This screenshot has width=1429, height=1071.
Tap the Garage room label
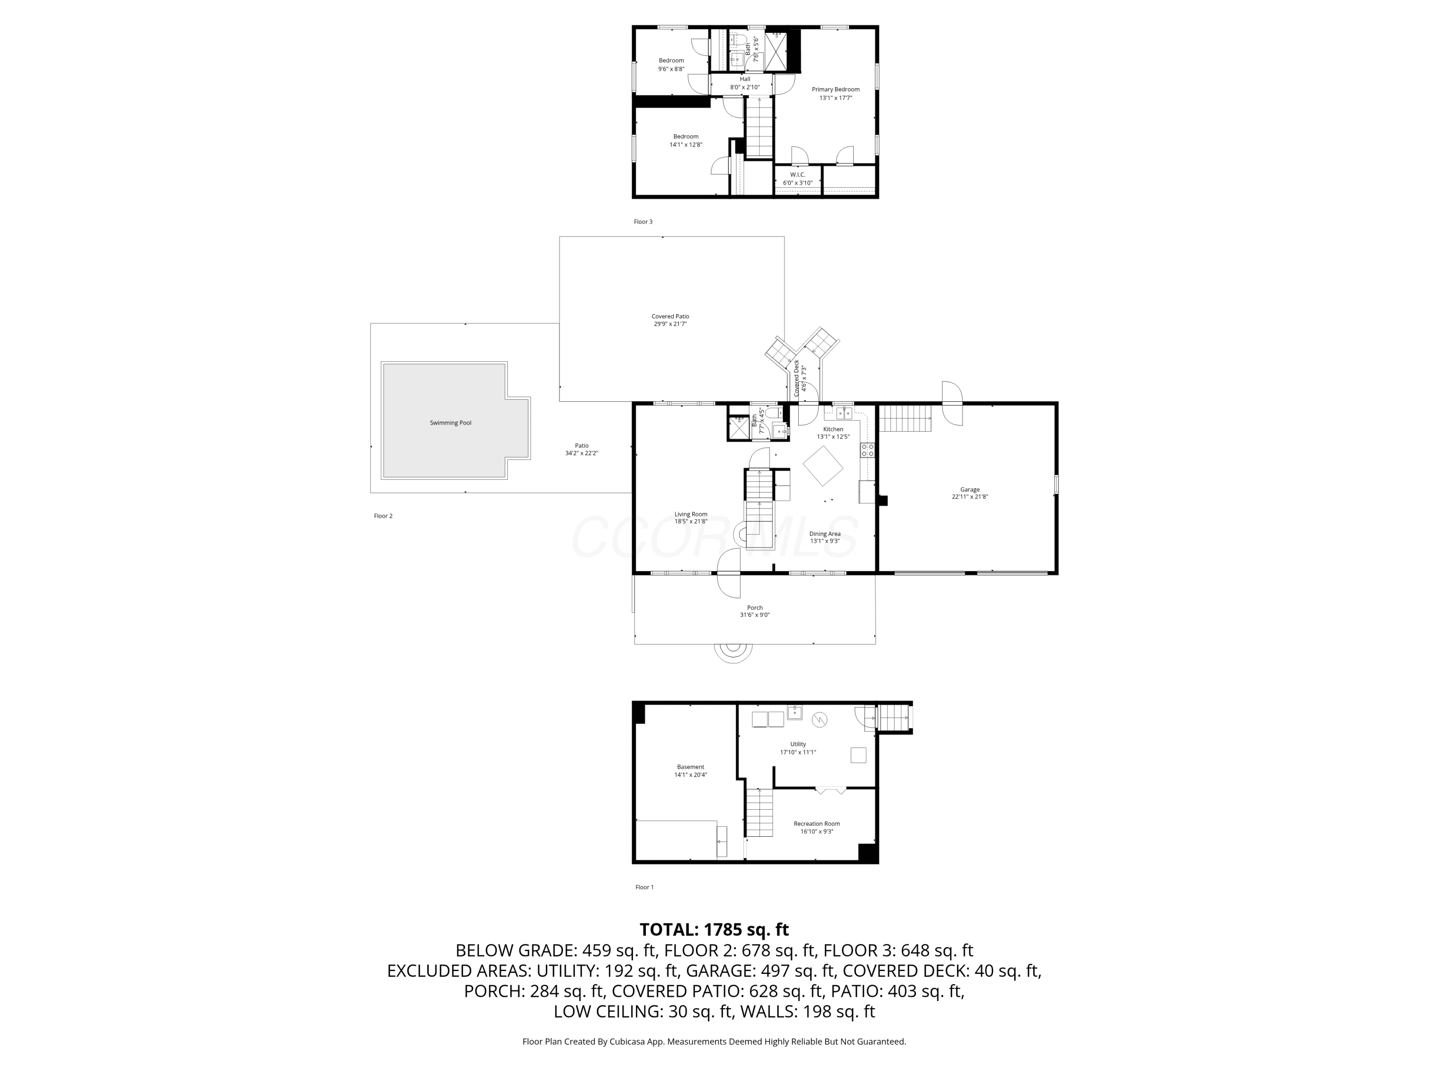coord(970,490)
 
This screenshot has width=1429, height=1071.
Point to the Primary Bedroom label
coord(835,90)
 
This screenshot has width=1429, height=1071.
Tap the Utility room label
coord(798,744)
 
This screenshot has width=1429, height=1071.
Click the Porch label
coord(755,607)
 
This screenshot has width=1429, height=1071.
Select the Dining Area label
coord(825,534)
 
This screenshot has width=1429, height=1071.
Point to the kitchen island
coord(823,466)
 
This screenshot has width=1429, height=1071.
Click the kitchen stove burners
coord(867,450)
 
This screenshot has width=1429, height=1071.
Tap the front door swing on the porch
coord(729,573)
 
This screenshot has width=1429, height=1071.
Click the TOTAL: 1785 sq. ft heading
coord(714,929)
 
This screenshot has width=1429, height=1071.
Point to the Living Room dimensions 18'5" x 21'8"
coord(691,522)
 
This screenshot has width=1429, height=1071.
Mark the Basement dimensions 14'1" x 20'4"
coord(691,774)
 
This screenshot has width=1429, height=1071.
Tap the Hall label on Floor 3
coord(745,79)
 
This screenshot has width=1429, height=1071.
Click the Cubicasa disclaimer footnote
coord(714,1041)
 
